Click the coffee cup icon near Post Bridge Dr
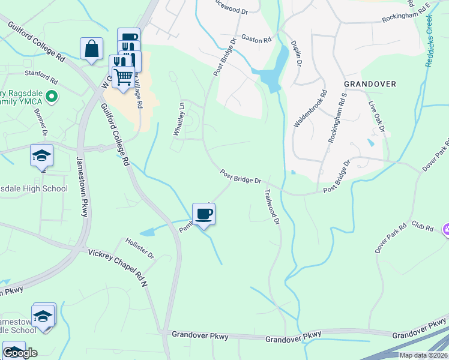point(203,214)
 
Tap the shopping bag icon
point(91,49)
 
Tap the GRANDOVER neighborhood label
point(370,84)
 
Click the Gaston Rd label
point(256,39)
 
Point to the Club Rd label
point(422,225)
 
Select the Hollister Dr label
point(140,247)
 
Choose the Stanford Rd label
point(41,77)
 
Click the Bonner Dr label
point(41,123)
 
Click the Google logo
point(20,352)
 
